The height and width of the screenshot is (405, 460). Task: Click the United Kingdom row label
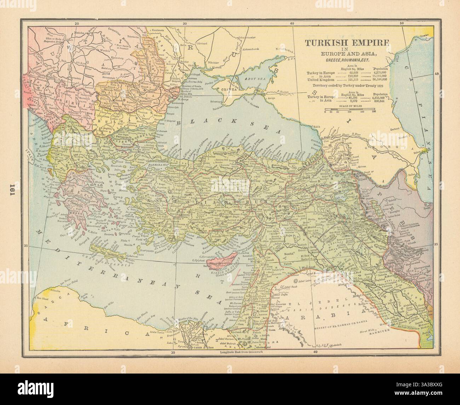click(x=320, y=80)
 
